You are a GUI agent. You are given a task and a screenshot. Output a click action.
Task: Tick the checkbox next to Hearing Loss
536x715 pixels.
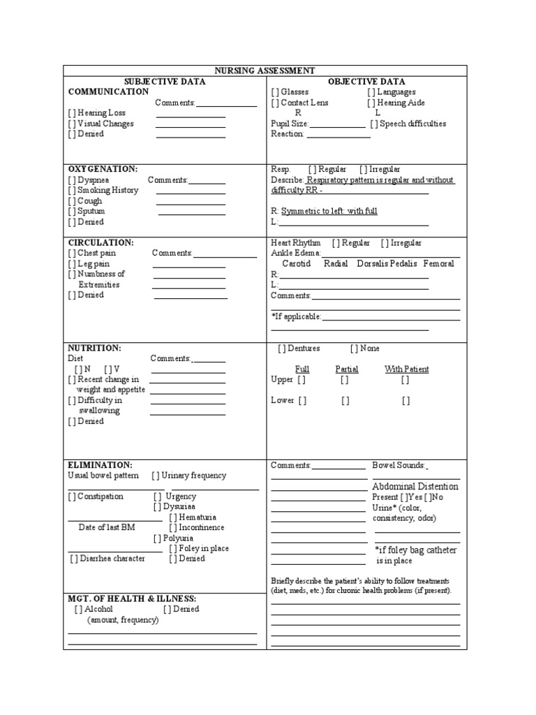click(72, 113)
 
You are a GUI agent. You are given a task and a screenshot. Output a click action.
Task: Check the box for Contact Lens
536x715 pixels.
click(275, 103)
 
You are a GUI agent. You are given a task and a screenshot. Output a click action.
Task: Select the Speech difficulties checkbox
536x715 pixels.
click(374, 124)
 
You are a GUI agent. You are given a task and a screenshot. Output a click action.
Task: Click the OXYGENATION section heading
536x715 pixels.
click(102, 169)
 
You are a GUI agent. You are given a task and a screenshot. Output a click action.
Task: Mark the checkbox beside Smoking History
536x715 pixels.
click(72, 190)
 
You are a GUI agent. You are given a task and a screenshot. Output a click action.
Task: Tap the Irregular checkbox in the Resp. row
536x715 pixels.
click(364, 169)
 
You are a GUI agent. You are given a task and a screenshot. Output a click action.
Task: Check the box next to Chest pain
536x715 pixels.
click(72, 253)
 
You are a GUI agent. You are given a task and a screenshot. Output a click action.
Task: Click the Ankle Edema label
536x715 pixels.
click(295, 253)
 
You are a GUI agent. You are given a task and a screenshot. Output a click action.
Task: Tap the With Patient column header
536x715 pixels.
click(406, 369)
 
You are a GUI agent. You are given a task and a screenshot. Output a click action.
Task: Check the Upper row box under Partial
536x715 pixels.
click(345, 380)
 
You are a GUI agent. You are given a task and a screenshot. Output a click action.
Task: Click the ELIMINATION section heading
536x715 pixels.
click(99, 464)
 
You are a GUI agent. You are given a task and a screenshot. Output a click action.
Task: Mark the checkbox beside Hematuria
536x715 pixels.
click(172, 517)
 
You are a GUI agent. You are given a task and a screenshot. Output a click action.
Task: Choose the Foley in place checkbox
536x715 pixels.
click(172, 549)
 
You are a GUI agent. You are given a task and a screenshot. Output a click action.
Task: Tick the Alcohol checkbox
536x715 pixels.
click(78, 609)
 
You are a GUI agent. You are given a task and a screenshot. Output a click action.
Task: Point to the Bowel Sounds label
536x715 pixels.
click(399, 465)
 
